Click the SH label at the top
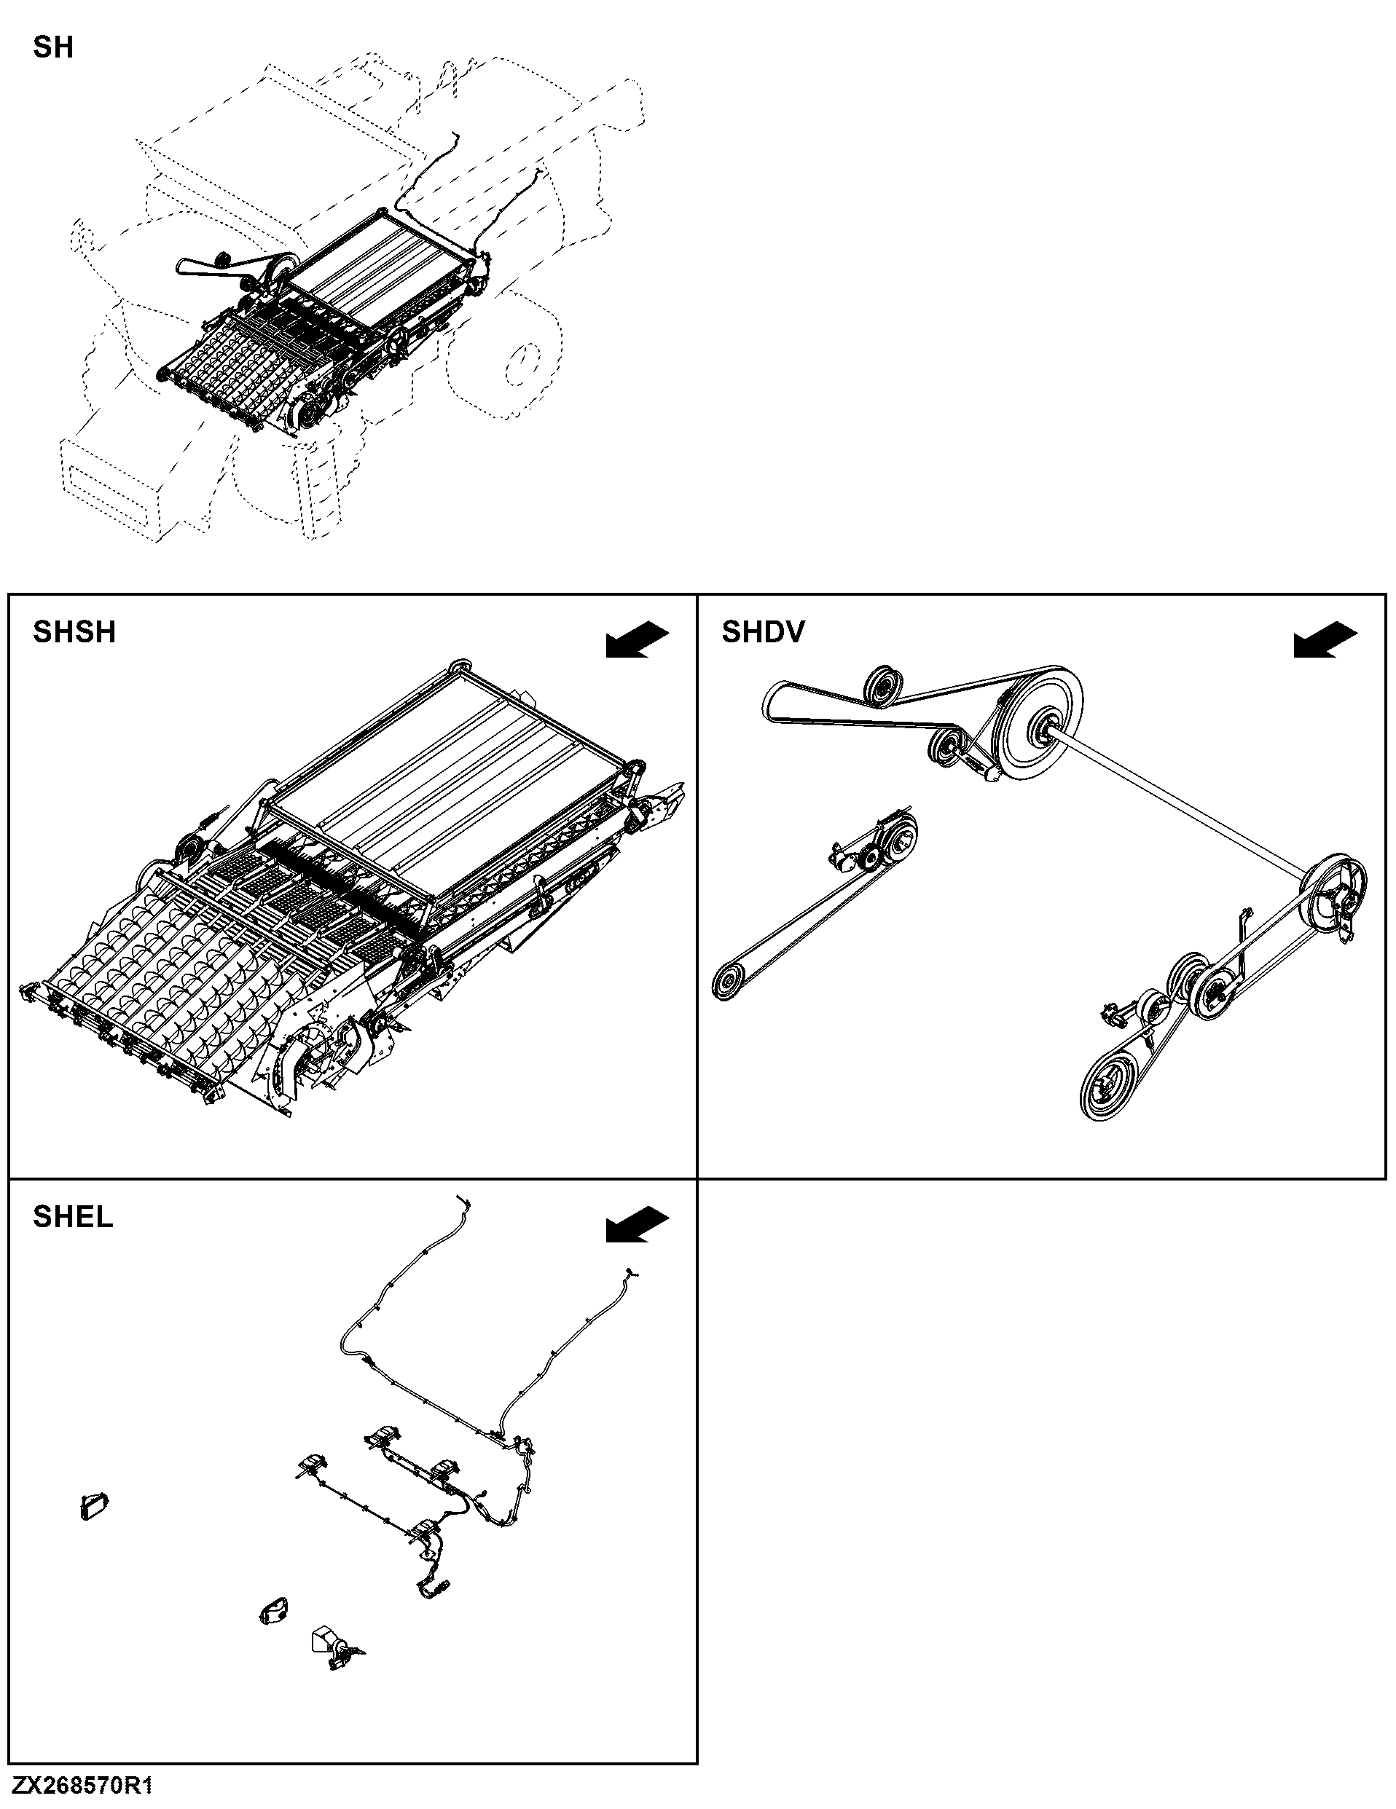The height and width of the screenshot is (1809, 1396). pyautogui.click(x=53, y=47)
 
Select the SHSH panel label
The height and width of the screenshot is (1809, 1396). pyautogui.click(x=74, y=632)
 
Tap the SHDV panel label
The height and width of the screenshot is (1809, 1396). pyautogui.click(x=763, y=632)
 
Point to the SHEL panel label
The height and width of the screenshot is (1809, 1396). pyautogui.click(x=73, y=1217)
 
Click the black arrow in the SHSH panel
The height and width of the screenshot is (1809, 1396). pyautogui.click(x=637, y=640)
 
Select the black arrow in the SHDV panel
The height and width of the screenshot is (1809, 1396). pyautogui.click(x=1325, y=640)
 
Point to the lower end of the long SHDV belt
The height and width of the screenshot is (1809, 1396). pyautogui.click(x=729, y=982)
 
